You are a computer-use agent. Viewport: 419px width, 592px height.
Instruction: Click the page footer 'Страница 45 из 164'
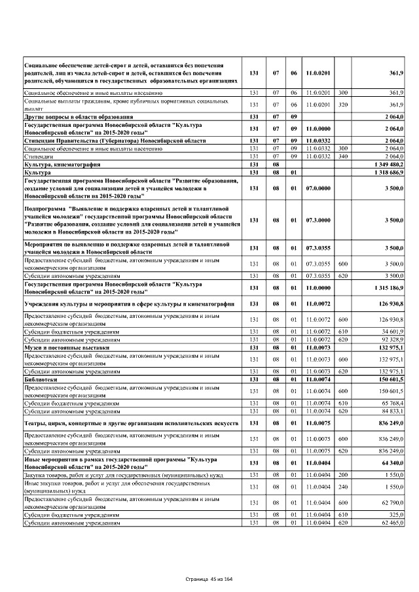(209, 579)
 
